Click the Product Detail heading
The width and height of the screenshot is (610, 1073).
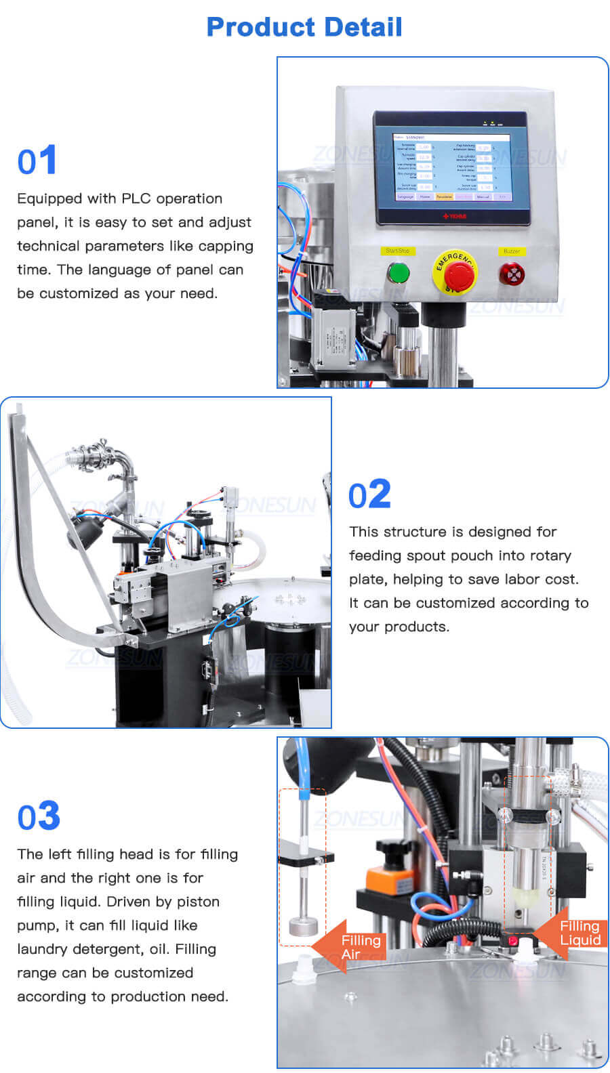pos(304,27)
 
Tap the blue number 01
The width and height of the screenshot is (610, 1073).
pos(37,161)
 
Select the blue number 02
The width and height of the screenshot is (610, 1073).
pos(369,495)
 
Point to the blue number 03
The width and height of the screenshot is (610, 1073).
pos(39,816)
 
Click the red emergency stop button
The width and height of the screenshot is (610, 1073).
pos(455,273)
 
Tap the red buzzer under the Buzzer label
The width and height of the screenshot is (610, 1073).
pos(511,274)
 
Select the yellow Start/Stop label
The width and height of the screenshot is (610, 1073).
pos(397,251)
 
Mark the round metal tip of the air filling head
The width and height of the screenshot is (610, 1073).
pos(300,925)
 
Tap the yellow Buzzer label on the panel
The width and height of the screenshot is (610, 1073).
pos(511,251)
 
